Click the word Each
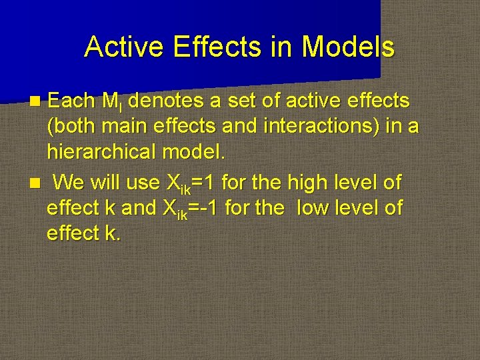tap(72, 101)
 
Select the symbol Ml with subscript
tap(113, 103)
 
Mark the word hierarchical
tap(101, 152)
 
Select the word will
tap(106, 181)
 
